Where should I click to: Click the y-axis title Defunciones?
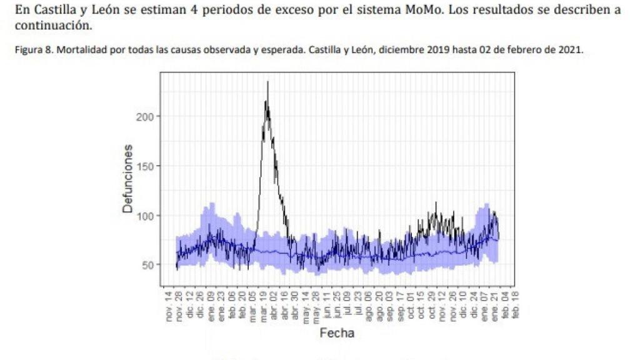click(128, 179)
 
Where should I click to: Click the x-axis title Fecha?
click(337, 333)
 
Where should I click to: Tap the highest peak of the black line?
click(267, 82)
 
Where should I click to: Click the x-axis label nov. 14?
click(169, 306)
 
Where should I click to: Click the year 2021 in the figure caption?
click(572, 51)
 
